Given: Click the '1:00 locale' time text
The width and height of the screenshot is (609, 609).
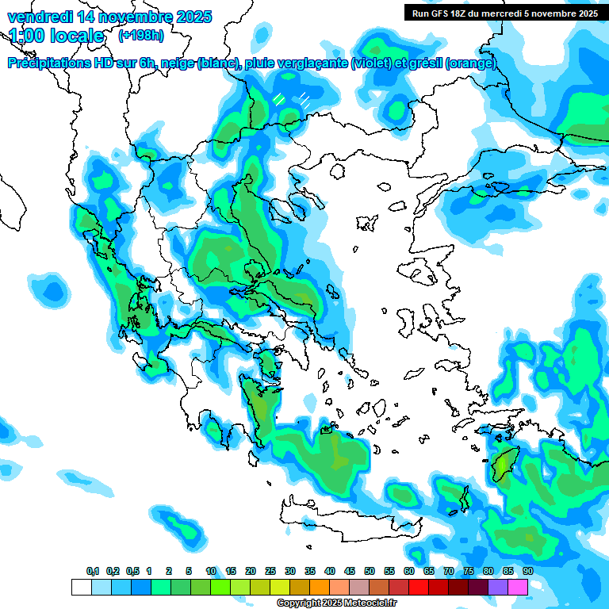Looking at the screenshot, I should pyautogui.click(x=56, y=36).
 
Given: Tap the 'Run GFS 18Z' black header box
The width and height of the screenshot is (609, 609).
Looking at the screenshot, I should pyautogui.click(x=504, y=13).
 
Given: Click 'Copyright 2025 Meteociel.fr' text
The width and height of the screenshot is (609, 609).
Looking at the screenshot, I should pyautogui.click(x=336, y=603).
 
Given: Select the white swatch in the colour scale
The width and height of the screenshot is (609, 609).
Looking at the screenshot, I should pyautogui.click(x=81, y=588).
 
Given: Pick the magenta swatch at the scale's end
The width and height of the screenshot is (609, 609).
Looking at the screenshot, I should pyautogui.click(x=518, y=588).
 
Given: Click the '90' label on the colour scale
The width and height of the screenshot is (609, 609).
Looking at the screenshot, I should pyautogui.click(x=528, y=572).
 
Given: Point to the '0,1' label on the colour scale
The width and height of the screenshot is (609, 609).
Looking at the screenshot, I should pyautogui.click(x=92, y=572).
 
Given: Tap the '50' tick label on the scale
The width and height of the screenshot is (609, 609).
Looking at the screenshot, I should pyautogui.click(x=370, y=572).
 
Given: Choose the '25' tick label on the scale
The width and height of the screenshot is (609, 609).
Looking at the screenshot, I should pyautogui.click(x=270, y=572).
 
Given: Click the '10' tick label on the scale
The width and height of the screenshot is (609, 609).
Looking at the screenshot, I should pyautogui.click(x=211, y=572).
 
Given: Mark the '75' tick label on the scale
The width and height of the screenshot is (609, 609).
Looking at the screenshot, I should pyautogui.click(x=469, y=572).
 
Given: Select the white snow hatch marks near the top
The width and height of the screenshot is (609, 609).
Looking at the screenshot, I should pyautogui.click(x=292, y=99).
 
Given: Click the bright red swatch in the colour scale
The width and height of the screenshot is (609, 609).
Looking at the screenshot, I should pyautogui.click(x=419, y=588).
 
